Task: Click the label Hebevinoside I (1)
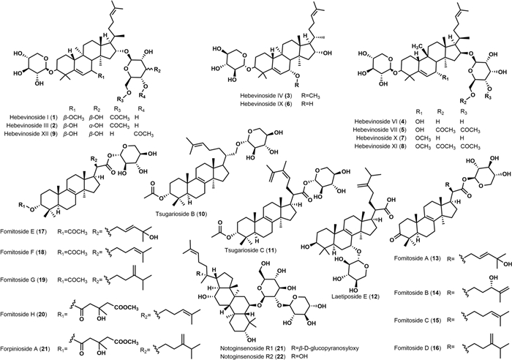33,117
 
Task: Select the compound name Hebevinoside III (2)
33,125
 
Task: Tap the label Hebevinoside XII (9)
33,135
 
